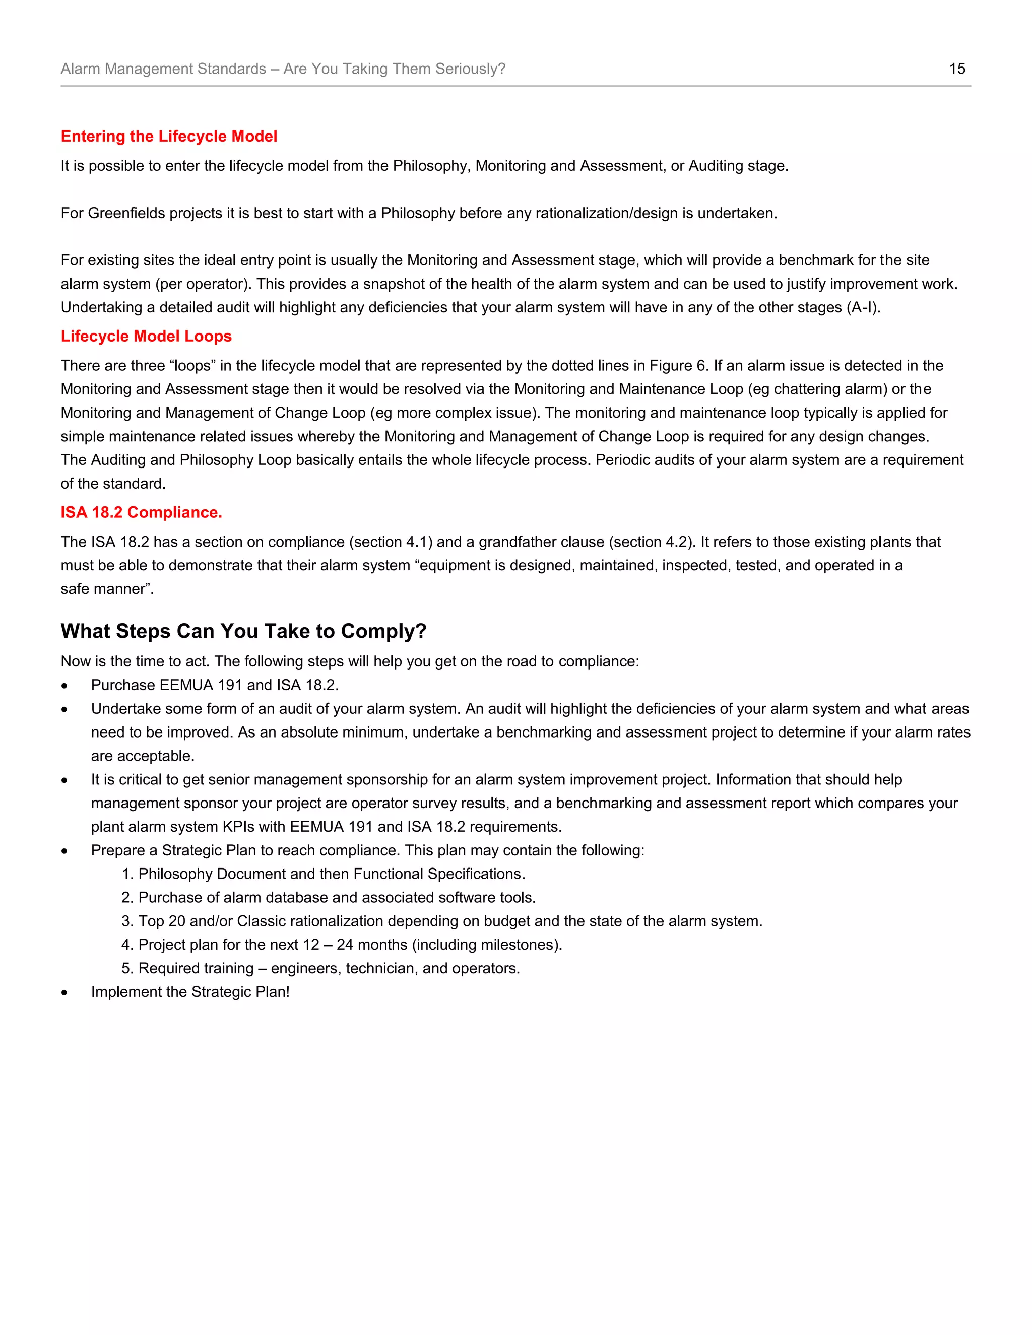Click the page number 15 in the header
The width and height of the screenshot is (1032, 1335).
[x=957, y=69]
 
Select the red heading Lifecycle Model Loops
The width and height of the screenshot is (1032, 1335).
[x=146, y=336]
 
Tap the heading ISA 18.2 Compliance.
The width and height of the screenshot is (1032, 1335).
[x=141, y=512]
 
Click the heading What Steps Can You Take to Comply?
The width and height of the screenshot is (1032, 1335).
[x=243, y=630]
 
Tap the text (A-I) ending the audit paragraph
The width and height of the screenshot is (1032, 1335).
[x=863, y=307]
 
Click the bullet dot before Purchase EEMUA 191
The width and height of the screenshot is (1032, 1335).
[x=64, y=686]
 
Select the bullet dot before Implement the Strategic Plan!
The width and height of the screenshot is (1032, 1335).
[x=64, y=993]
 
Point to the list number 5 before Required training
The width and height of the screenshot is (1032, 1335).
[x=126, y=968]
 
